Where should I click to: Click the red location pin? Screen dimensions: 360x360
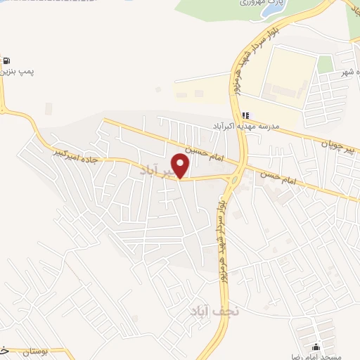181,165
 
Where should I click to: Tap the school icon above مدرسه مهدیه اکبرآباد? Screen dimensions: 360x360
245,115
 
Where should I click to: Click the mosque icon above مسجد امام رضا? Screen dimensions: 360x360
316,347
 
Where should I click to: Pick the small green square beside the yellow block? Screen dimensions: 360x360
325,64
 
